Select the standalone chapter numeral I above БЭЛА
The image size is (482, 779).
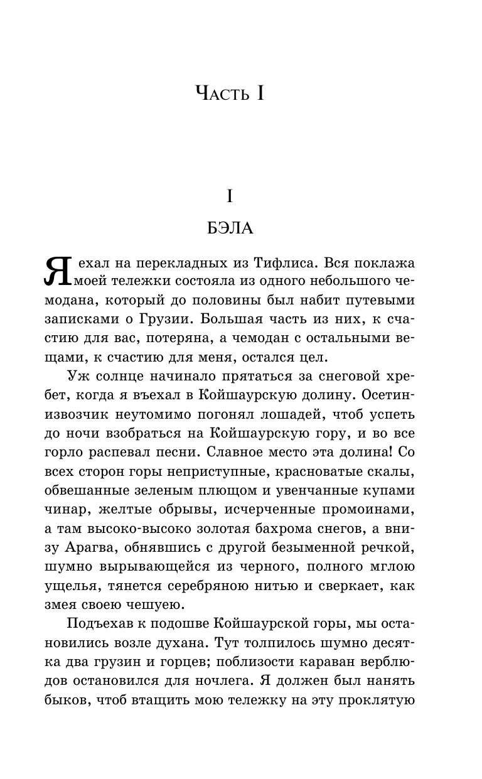(230, 197)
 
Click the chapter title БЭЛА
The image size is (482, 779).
(230, 228)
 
